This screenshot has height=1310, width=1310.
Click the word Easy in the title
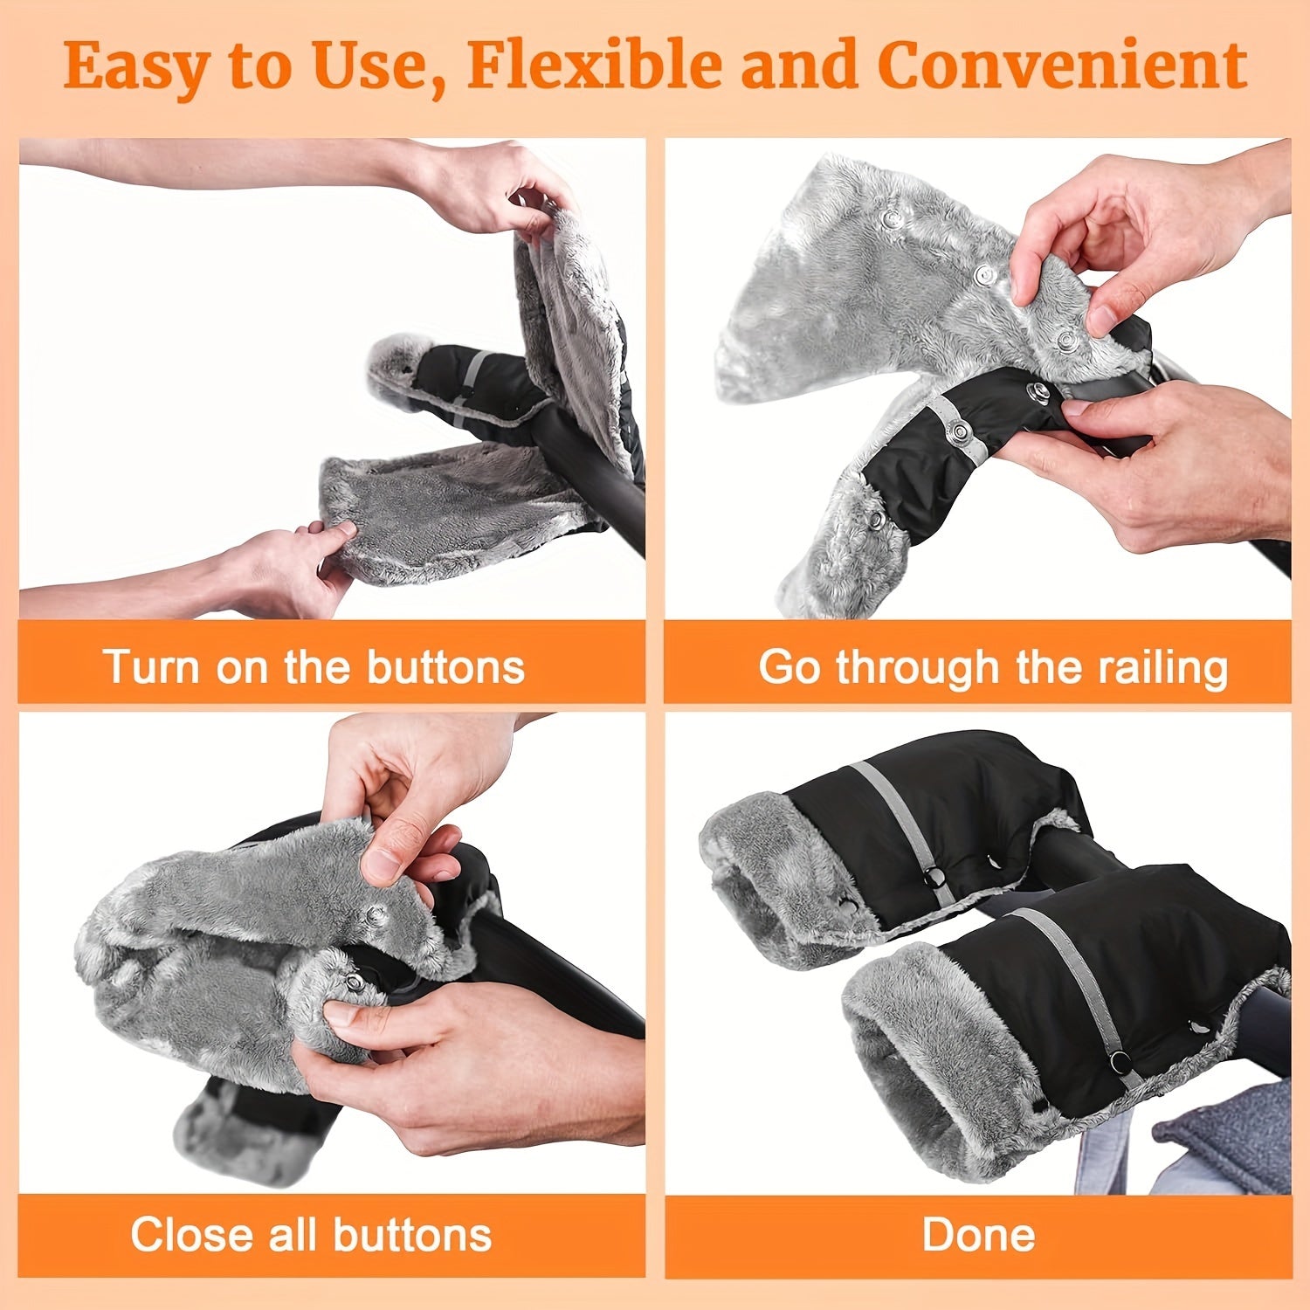click(x=131, y=67)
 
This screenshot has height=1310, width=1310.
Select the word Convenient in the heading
click(x=1062, y=65)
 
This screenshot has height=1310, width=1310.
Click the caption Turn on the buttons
click(x=314, y=666)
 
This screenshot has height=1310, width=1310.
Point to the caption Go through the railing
click(x=993, y=667)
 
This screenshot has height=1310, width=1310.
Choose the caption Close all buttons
click(x=311, y=1235)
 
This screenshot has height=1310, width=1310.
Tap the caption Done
click(x=978, y=1235)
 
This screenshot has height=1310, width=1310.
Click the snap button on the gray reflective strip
click(x=961, y=430)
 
